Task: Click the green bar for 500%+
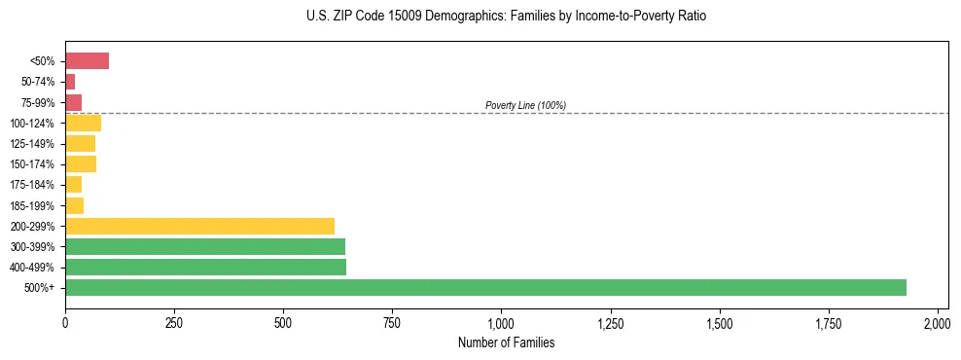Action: [485, 287]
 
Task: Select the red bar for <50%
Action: [87, 61]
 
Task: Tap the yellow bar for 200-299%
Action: [199, 226]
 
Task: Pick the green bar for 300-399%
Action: [205, 246]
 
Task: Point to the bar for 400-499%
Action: [205, 267]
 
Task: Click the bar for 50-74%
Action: [70, 82]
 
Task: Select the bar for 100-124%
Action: [83, 124]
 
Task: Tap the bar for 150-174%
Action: [81, 164]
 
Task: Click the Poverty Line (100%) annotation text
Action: [525, 105]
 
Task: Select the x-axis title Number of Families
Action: [502, 342]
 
